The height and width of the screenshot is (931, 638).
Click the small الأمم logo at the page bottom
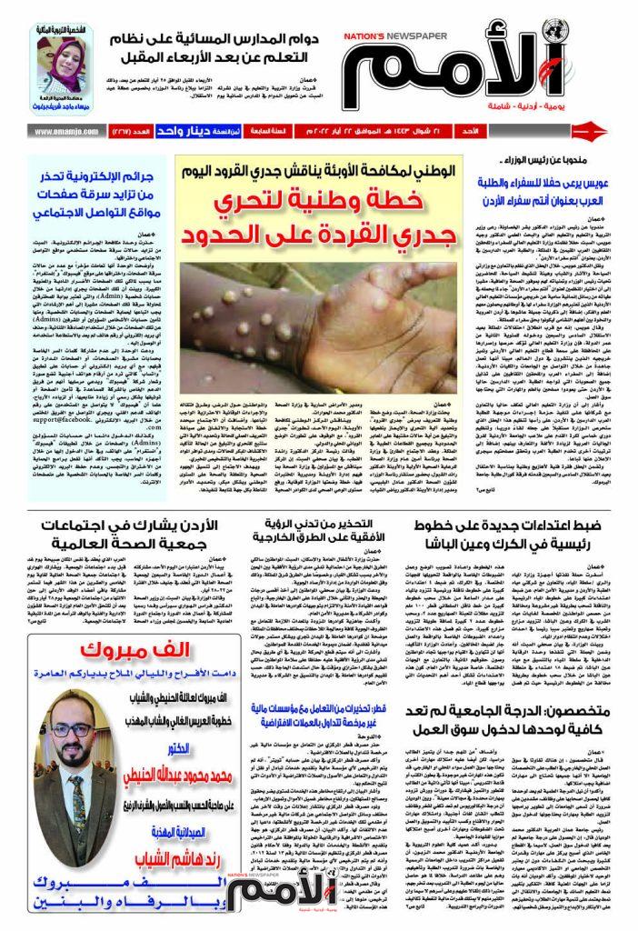(x=273, y=887)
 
